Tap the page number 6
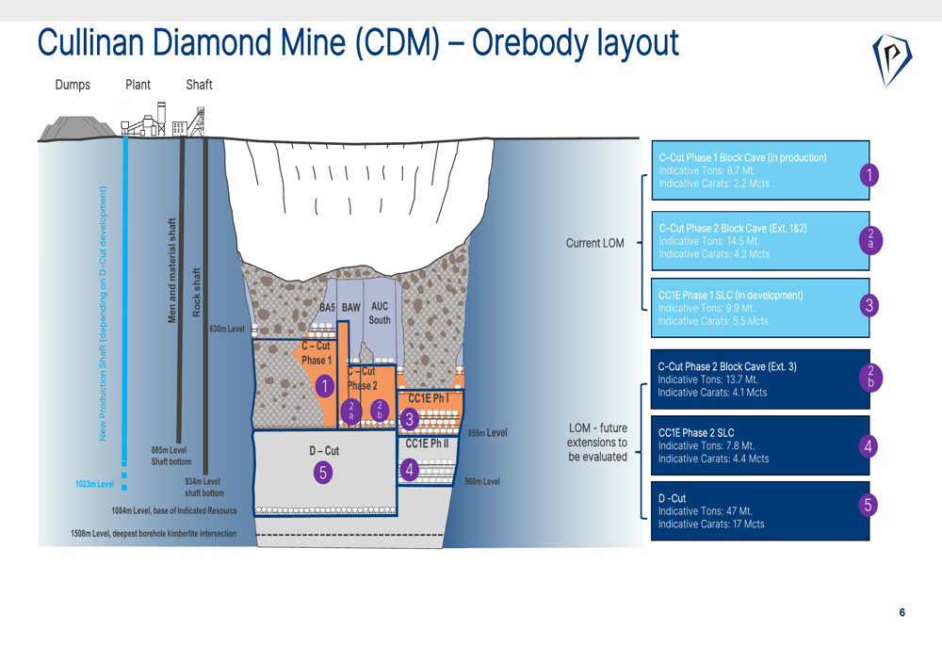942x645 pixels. (901, 613)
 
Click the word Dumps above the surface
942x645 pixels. (73, 85)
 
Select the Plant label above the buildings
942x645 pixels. (138, 85)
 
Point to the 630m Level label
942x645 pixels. (227, 329)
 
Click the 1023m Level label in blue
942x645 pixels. (94, 484)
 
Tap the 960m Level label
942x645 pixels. (482, 482)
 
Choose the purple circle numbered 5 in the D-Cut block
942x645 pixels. (323, 473)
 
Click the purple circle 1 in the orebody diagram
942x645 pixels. (324, 386)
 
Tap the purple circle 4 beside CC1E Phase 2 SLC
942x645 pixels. (869, 446)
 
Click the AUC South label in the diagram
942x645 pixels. (380, 313)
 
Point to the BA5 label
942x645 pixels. (327, 308)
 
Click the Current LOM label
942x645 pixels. (594, 243)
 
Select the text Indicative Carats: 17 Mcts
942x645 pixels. (711, 524)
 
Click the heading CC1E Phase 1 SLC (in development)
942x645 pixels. (730, 296)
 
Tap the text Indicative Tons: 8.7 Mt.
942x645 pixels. (706, 170)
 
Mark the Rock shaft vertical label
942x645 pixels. (197, 292)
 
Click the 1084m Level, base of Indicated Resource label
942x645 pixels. (174, 511)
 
